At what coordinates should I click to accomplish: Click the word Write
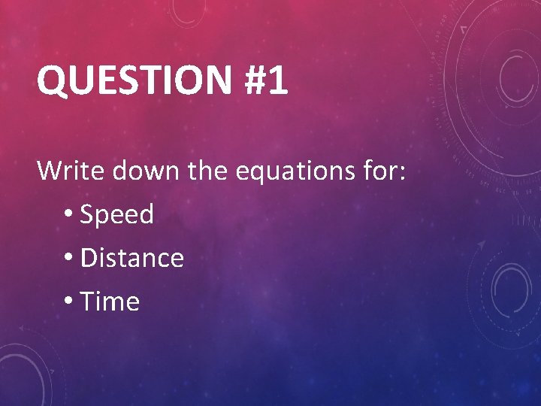click(x=72, y=171)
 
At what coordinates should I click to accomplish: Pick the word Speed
click(x=116, y=216)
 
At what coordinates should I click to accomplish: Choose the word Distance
click(x=131, y=258)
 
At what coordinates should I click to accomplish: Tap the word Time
click(x=110, y=301)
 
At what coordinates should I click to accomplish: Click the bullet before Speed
click(x=69, y=214)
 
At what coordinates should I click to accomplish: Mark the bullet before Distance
click(x=69, y=258)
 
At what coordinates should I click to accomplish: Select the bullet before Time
click(x=69, y=301)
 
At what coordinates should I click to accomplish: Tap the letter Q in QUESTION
click(x=52, y=81)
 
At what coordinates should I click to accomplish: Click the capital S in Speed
click(x=87, y=215)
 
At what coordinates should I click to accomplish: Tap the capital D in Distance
click(x=89, y=258)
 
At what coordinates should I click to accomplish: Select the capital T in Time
click(x=88, y=301)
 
